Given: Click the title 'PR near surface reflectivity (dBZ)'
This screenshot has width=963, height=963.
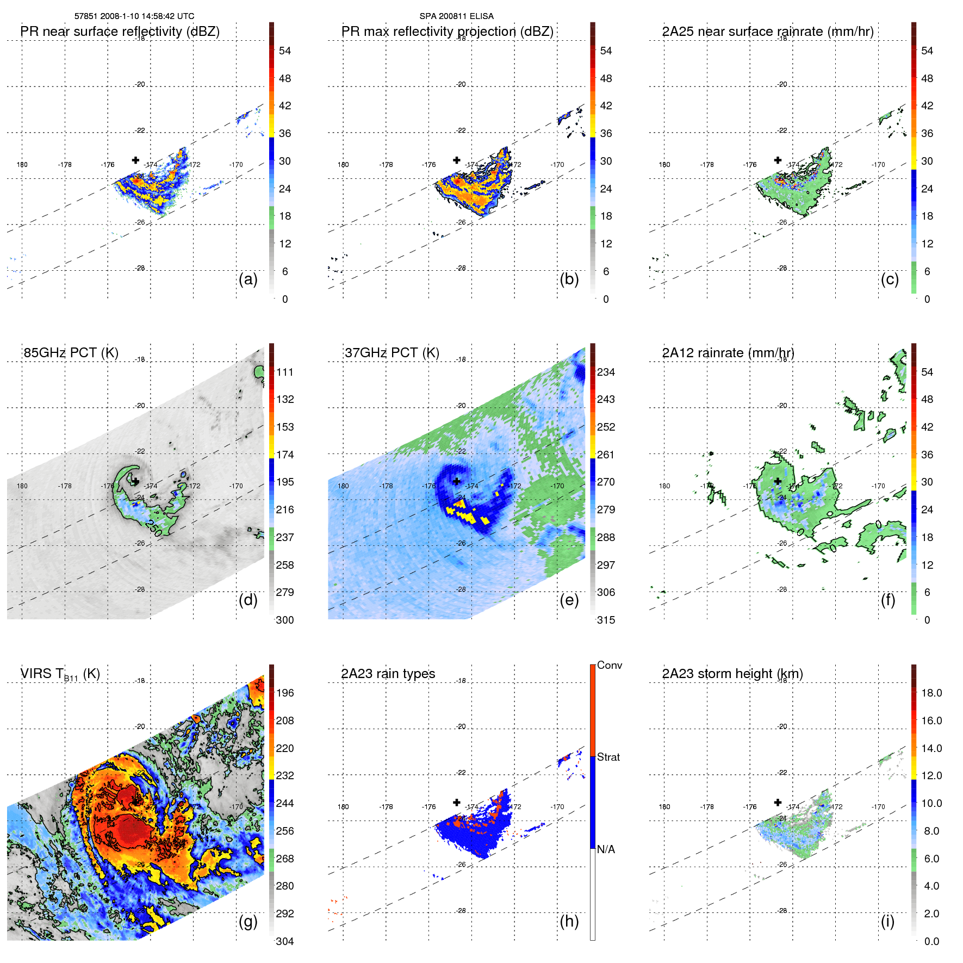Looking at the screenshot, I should (120, 32).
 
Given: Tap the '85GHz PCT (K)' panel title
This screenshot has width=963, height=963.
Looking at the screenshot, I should (71, 353).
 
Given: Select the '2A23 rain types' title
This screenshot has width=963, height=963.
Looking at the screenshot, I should (388, 674).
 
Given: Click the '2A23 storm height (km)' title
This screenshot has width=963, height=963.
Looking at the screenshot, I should (732, 674).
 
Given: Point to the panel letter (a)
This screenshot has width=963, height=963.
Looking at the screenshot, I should (248, 279).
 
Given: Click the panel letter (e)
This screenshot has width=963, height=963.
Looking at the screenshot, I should (569, 600).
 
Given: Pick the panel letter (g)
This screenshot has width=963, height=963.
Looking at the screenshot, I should (248, 921).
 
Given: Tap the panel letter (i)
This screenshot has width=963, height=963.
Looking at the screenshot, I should (887, 921).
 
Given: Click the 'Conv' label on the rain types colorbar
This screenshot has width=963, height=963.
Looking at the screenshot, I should (609, 665).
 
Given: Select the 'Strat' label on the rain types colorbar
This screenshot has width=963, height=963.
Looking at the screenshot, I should (608, 757).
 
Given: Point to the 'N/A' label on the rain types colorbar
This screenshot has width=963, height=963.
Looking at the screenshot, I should (606, 849).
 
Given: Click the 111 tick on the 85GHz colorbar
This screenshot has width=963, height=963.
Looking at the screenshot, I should (285, 372).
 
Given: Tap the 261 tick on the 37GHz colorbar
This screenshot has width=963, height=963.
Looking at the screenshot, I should (606, 455).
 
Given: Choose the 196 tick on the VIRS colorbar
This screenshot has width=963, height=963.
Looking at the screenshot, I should (285, 693).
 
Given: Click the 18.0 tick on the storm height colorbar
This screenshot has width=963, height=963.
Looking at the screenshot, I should (931, 693).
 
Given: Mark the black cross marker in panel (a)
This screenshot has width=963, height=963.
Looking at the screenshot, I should (135, 160).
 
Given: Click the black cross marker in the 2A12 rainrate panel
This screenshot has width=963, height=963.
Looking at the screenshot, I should (778, 481).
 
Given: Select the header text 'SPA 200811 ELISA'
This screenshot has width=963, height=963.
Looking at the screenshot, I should (456, 16).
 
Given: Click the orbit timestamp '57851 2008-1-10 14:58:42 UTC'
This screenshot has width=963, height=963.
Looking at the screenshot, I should (134, 16).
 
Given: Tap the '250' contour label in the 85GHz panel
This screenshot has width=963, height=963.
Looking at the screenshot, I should (153, 529).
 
